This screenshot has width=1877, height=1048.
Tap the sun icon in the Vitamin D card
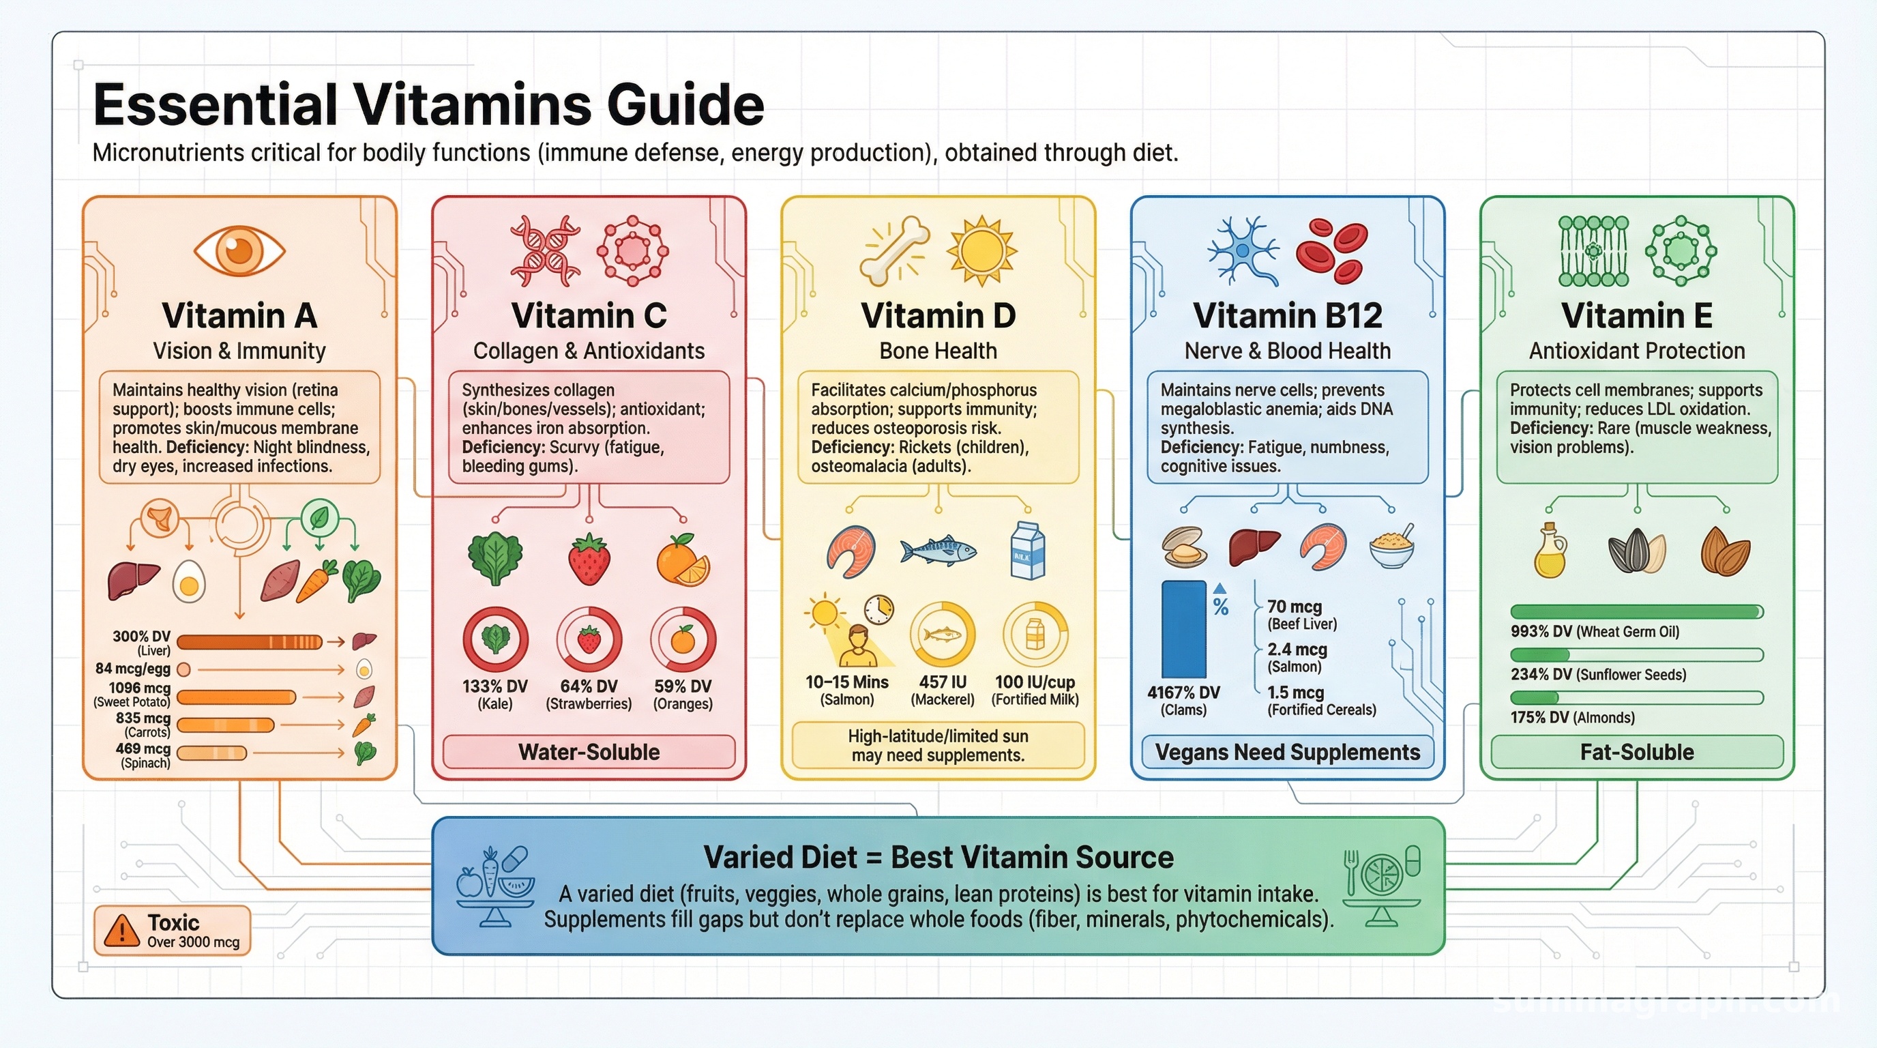coord(981,250)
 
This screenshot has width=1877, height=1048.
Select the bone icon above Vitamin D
coord(894,250)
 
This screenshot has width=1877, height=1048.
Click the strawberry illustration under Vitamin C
coord(589,559)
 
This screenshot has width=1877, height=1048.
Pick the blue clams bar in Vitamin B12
coord(1183,630)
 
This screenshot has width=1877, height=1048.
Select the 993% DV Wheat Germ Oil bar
coord(1636,611)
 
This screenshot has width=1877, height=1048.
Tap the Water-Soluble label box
coord(589,752)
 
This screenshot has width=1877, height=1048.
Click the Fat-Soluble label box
coord(1636,752)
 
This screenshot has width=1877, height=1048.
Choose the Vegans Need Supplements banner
coord(1288,752)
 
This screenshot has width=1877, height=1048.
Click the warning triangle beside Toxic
coord(121,930)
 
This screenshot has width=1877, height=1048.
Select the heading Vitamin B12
coord(1288,316)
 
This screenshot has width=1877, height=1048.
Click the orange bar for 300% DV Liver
coord(249,642)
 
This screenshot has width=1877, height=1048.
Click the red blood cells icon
coord(1331,250)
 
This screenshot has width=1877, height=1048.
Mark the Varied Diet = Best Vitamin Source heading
coord(938,857)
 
